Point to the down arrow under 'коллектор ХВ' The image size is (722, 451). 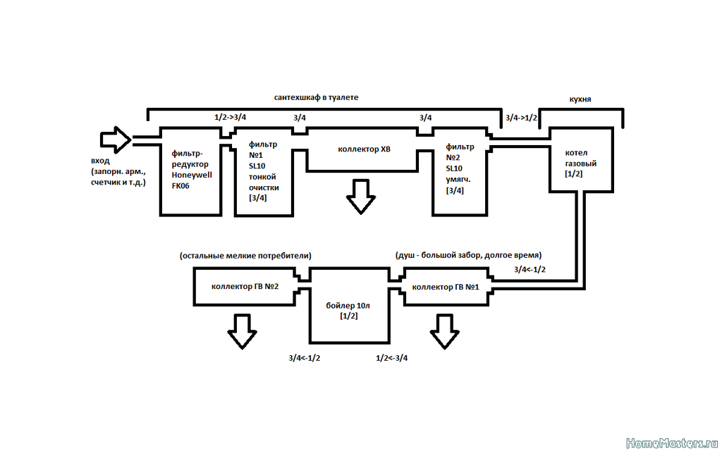360,197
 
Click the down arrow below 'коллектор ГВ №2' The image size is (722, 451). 243,331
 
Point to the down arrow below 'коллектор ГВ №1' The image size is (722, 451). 444,331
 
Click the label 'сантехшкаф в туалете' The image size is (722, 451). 317,97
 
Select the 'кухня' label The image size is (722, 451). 580,99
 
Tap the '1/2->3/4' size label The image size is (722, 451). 231,118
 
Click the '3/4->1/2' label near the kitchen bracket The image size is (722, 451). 521,118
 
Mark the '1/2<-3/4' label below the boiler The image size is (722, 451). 392,358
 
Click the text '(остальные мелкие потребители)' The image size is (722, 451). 245,255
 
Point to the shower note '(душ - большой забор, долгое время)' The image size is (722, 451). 468,255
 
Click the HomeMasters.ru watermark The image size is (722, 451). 672,443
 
